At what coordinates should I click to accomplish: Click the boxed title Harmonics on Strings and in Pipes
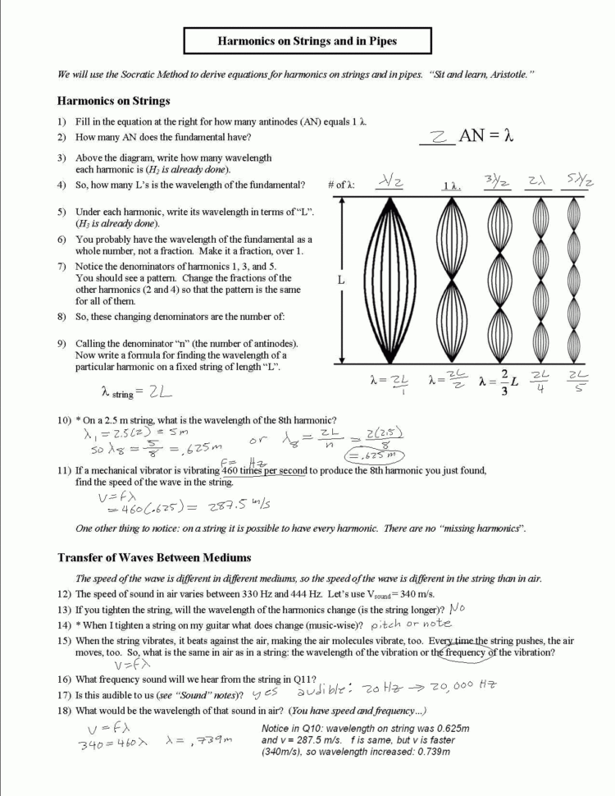[x=307, y=40]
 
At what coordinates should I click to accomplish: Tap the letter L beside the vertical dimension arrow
[x=340, y=280]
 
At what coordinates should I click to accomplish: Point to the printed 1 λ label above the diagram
[x=451, y=186]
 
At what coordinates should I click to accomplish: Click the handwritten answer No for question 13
[x=458, y=609]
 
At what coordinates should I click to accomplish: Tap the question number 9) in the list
[x=61, y=343]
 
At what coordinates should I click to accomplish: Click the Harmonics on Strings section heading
[x=113, y=101]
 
